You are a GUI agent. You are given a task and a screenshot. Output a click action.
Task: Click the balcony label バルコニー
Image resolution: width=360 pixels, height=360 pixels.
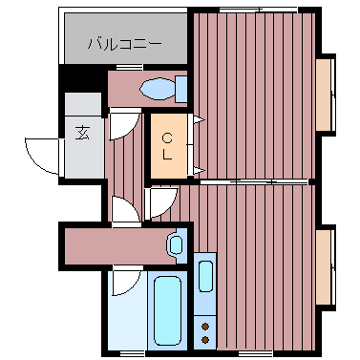pyautogui.click(x=124, y=43)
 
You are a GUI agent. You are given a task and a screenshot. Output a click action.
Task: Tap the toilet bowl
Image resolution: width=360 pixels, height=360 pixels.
pyautogui.click(x=155, y=90)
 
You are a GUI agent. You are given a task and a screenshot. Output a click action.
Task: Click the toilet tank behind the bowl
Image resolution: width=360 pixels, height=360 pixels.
pyautogui.click(x=180, y=89)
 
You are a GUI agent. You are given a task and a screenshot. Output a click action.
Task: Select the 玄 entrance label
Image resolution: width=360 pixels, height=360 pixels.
pyautogui.click(x=82, y=134)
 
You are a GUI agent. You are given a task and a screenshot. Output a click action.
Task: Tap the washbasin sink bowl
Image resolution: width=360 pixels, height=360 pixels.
pyautogui.click(x=175, y=244)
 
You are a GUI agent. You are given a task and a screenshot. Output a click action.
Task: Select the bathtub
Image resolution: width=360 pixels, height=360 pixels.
pyautogui.click(x=170, y=310)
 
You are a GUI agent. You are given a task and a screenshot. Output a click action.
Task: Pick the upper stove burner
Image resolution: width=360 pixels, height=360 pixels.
pyautogui.click(x=204, y=327)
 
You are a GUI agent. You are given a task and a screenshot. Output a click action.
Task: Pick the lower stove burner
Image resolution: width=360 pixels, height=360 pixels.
pyautogui.click(x=204, y=338)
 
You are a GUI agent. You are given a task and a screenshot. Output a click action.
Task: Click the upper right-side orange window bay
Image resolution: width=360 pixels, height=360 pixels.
pyautogui.click(x=326, y=94)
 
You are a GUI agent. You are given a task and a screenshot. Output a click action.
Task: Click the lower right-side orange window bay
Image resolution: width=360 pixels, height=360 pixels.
pyautogui.click(x=326, y=268)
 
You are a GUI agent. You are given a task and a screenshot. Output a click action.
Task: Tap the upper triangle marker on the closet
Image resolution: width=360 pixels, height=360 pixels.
pyautogui.click(x=198, y=118)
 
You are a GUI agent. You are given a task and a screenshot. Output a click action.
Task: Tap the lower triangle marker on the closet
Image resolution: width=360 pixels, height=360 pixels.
pyautogui.click(x=198, y=171)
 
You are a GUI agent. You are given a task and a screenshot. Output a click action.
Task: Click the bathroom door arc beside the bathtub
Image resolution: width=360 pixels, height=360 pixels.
pyautogui.click(x=121, y=284)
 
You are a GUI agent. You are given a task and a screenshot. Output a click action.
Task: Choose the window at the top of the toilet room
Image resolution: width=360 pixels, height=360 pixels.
pyautogui.click(x=129, y=67)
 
